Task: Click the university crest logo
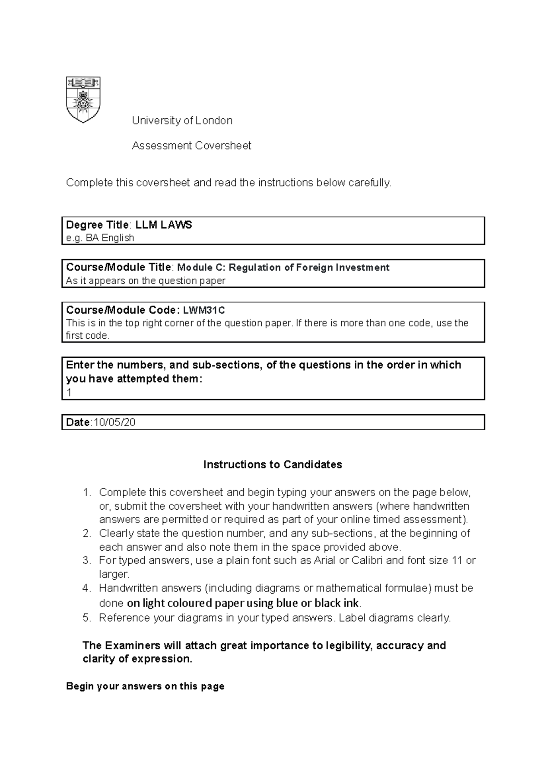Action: (83, 100)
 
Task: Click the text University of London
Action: (182, 120)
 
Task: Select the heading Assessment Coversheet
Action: (191, 145)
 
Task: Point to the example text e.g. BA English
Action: (100, 238)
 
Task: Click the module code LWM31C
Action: (204, 310)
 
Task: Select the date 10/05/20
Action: (114, 422)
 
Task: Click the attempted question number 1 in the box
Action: (69, 392)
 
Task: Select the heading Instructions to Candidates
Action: (273, 465)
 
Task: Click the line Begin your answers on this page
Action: (145, 686)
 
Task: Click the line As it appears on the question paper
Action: (145, 281)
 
